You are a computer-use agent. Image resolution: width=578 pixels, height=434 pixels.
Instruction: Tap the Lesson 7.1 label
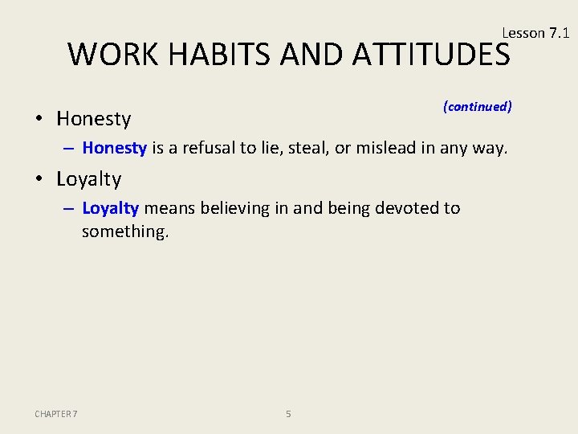point(535,33)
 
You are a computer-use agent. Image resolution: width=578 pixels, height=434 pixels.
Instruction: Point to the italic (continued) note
point(477,106)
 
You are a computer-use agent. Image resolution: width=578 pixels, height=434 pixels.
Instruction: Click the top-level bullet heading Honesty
point(93,119)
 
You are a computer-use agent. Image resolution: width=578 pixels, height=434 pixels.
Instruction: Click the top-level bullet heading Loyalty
point(88,179)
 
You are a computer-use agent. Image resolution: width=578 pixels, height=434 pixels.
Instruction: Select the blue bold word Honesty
point(114,148)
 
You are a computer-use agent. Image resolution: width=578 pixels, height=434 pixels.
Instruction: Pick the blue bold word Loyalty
point(110,208)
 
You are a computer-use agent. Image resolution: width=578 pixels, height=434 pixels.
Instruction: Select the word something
point(124,231)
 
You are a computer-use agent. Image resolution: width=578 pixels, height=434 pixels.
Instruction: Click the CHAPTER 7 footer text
point(56,414)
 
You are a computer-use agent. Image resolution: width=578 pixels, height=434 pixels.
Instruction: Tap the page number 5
point(288,414)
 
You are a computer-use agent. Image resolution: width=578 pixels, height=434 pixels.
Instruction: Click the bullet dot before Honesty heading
point(39,120)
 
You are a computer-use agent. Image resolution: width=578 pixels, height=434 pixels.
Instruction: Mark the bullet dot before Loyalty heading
point(39,180)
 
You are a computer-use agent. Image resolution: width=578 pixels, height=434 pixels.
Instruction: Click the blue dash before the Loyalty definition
point(69,209)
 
